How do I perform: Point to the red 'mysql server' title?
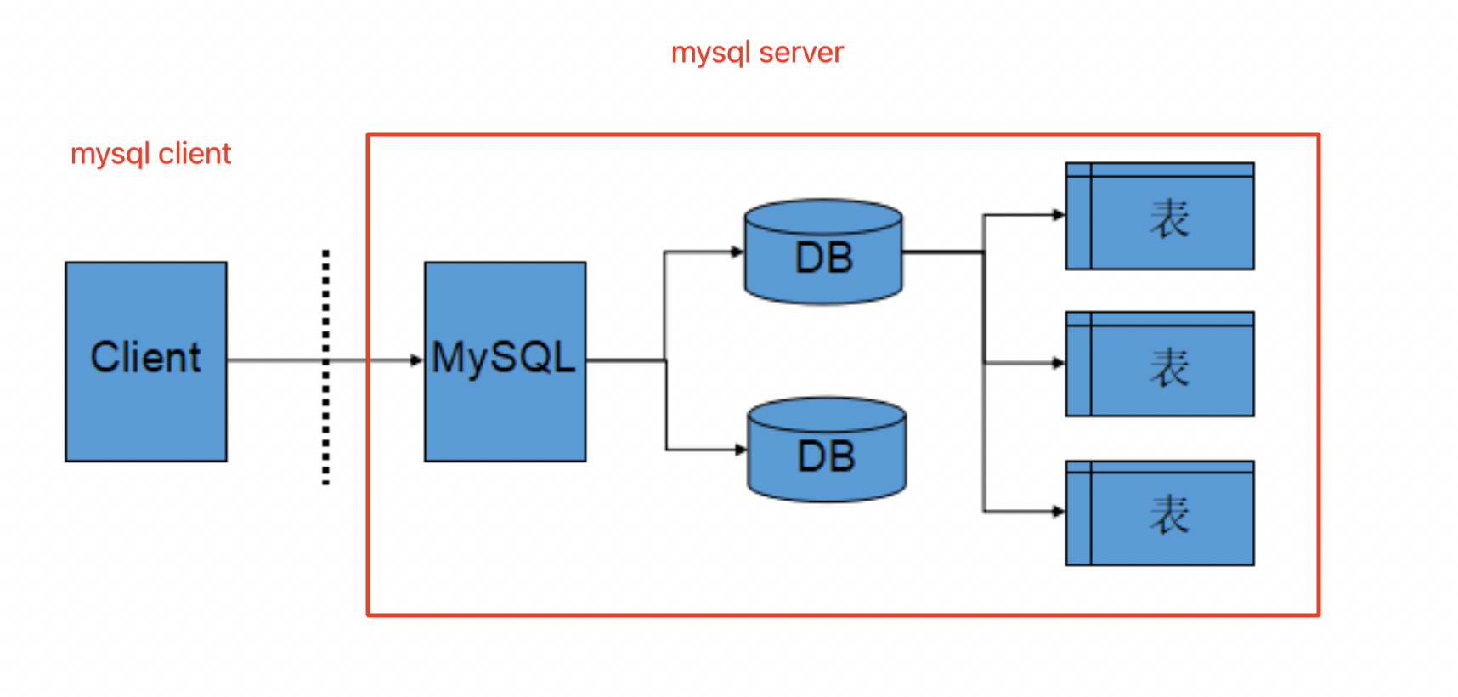tap(756, 53)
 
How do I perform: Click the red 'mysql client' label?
tap(150, 154)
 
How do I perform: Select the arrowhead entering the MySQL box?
tap(416, 360)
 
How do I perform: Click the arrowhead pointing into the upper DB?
tap(737, 252)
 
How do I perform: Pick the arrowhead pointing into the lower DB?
tap(740, 450)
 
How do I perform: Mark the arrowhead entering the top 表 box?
tap(1058, 215)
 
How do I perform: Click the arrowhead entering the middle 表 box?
tap(1058, 363)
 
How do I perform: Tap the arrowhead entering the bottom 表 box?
tap(1058, 512)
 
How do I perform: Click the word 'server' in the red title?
tap(800, 53)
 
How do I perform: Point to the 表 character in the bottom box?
tap(1169, 515)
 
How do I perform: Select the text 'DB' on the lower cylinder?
tap(826, 457)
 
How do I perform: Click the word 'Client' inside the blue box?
tap(145, 357)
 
